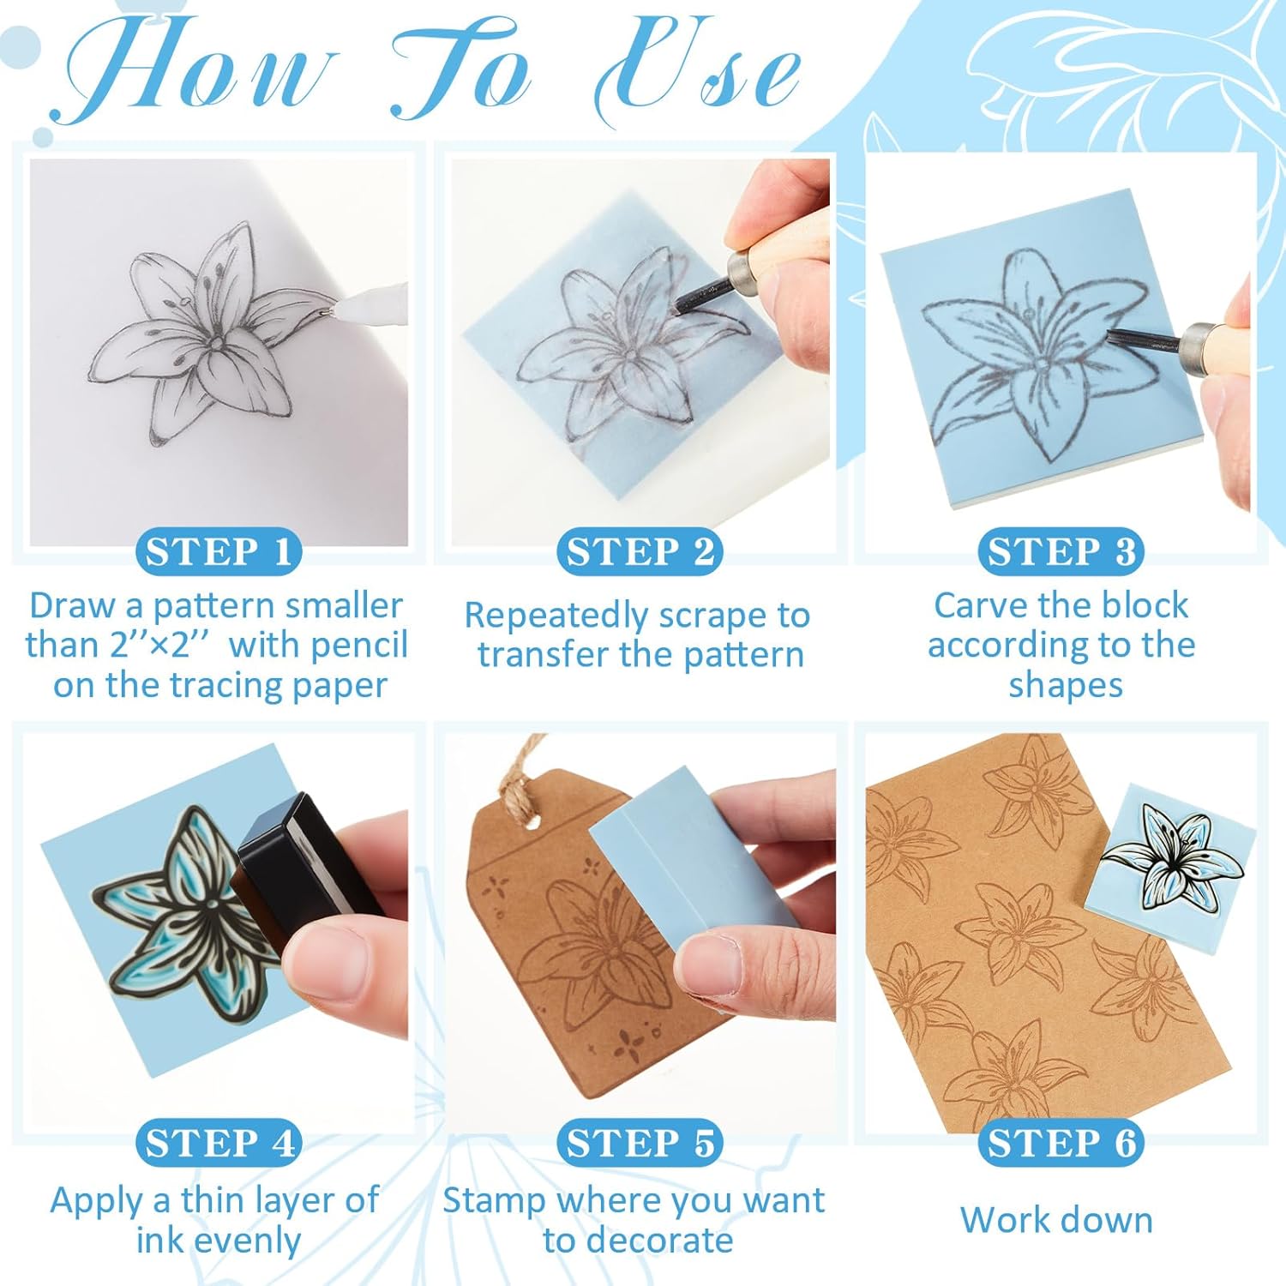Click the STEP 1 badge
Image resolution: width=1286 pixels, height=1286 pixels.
point(218,552)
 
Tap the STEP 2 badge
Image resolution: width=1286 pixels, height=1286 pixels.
point(640,552)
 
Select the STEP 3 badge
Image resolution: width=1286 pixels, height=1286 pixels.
point(1061,552)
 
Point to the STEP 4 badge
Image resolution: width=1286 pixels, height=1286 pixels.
point(218,1144)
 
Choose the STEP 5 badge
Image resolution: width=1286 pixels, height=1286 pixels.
point(640,1144)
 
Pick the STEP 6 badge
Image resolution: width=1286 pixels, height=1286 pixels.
point(1061,1144)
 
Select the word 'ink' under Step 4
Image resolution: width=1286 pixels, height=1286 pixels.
point(157,1241)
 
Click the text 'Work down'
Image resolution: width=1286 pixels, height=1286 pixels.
point(1056,1220)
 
